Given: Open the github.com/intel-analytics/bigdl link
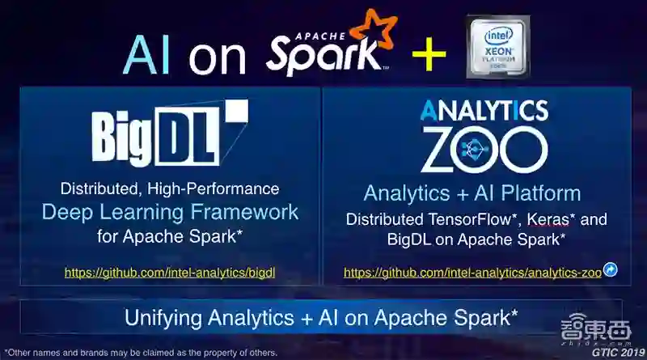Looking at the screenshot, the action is coord(170,273).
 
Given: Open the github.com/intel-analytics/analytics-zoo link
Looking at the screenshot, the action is coord(472,273).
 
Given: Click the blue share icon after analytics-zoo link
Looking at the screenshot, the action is coord(611,270).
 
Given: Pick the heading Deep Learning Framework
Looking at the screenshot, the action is coord(170,213).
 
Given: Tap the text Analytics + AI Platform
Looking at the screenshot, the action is coord(472,193).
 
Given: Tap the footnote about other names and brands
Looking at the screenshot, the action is coord(141,353).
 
